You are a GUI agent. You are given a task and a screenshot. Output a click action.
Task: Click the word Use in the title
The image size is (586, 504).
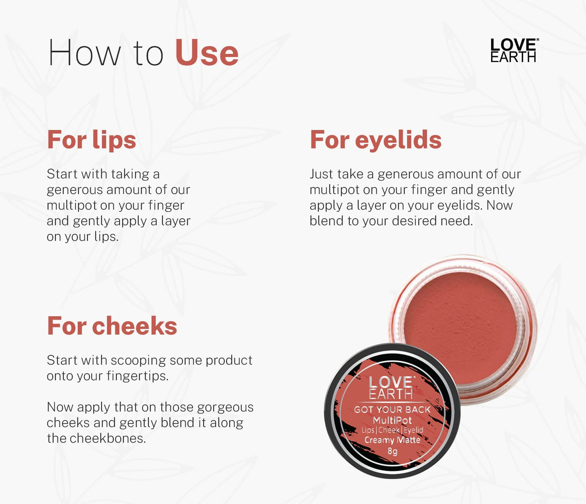pos(206,53)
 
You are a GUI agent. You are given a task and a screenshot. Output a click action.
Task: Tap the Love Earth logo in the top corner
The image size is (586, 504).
pos(514,51)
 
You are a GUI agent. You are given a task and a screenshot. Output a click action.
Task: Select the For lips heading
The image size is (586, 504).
pos(92,140)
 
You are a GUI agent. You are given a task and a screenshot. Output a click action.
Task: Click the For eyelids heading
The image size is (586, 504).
pos(376,140)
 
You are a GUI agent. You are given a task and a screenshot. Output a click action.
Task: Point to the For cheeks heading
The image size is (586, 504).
pos(112,326)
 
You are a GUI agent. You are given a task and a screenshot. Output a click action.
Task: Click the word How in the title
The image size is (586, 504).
pos(84,53)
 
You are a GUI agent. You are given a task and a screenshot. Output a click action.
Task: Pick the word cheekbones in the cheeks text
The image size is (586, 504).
pos(107,438)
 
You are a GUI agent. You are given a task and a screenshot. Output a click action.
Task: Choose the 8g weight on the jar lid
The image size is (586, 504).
pos(392,451)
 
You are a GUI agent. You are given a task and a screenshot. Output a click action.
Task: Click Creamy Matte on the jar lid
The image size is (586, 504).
pos(392,440)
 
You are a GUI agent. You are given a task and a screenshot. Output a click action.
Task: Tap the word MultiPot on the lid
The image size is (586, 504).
pos(392,420)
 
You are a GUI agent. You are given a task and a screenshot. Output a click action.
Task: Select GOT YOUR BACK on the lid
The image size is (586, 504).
pos(392,410)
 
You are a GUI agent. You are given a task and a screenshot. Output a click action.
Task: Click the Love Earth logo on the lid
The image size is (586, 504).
pos(391,388)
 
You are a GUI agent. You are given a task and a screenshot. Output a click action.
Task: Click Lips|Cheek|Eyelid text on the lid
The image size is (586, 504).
pos(392,430)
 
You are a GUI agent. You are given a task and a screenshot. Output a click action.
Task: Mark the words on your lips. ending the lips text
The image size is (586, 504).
pos(83,237)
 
